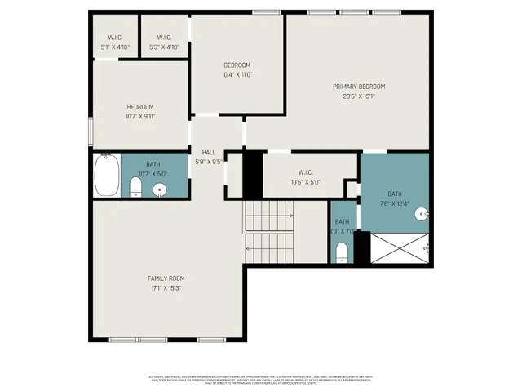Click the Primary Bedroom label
tap(358, 86)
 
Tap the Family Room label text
tap(165, 278)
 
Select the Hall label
tap(208, 152)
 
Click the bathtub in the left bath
tap(106, 176)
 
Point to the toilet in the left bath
tap(136, 189)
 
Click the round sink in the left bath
tap(160, 189)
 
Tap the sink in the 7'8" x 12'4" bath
tap(421, 214)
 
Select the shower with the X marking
tap(400, 247)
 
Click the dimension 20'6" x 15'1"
tap(358, 96)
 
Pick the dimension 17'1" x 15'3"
tap(165, 287)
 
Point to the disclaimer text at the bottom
tap(261, 379)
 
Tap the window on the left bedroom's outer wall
tap(91, 131)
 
